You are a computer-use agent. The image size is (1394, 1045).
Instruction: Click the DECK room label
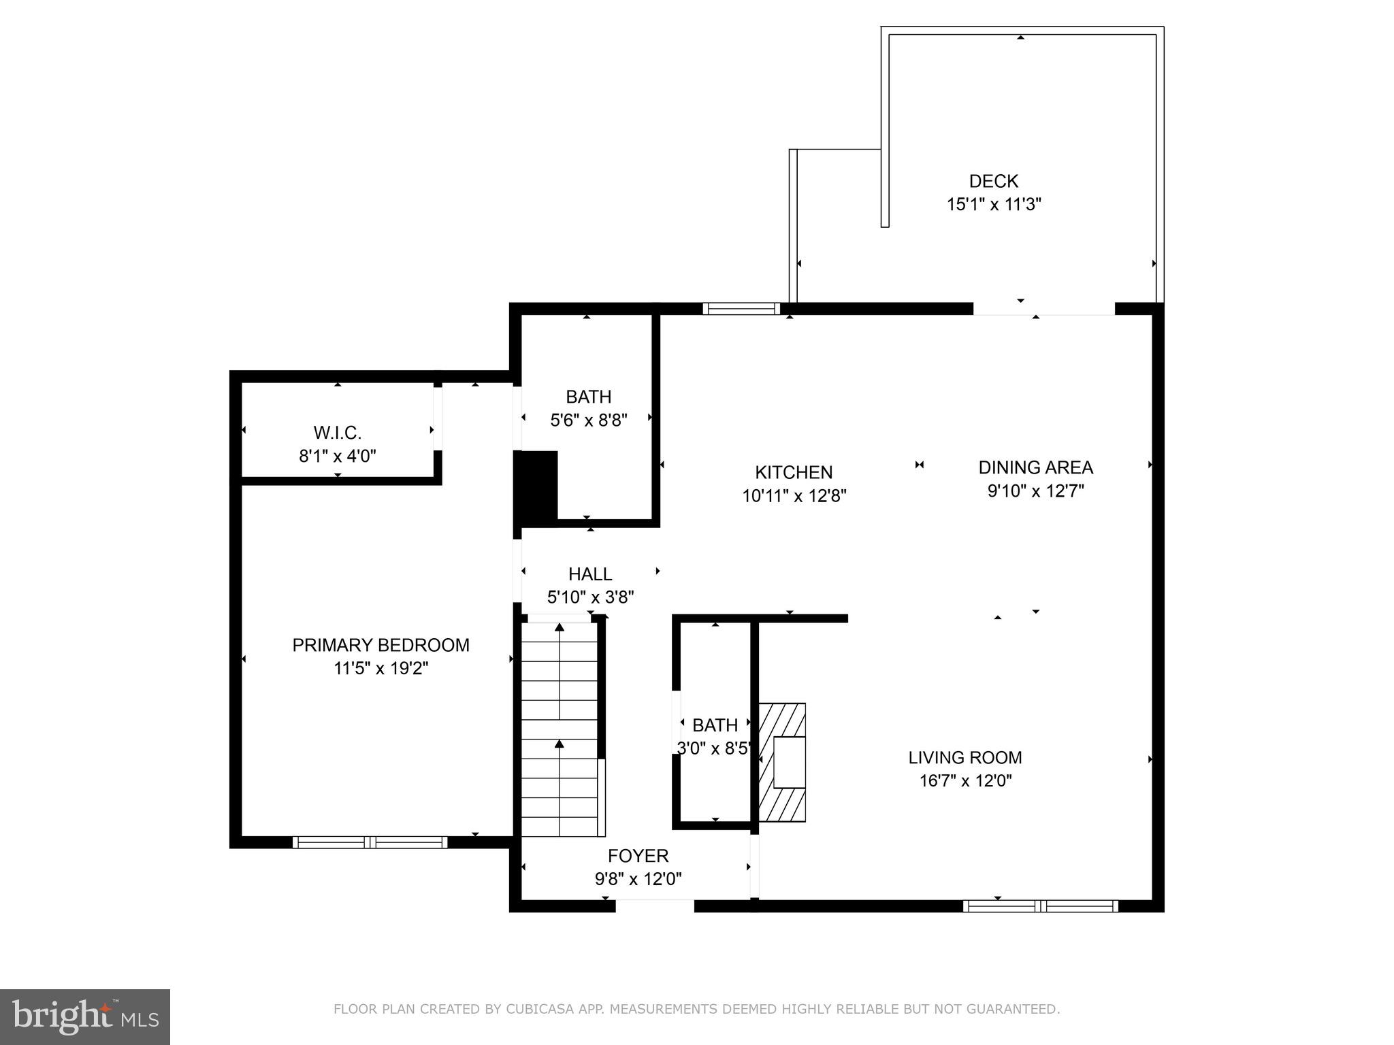(993, 181)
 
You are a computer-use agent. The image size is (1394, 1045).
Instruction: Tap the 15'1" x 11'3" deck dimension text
(994, 204)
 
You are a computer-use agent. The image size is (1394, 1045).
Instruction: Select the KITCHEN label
(794, 472)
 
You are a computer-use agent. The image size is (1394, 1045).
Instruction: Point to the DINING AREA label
(1035, 467)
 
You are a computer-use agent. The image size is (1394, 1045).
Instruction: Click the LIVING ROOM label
(965, 757)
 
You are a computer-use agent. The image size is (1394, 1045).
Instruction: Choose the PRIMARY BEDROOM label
(380, 645)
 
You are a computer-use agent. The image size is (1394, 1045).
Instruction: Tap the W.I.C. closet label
(337, 433)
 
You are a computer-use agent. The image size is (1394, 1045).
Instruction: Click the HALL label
(590, 574)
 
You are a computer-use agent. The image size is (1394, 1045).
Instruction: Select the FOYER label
(638, 856)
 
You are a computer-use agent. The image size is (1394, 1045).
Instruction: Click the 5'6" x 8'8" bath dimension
(588, 420)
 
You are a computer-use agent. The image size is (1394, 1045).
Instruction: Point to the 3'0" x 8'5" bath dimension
(714, 748)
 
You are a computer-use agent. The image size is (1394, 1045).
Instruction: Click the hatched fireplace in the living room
(783, 762)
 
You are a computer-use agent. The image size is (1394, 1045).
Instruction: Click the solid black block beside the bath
(536, 487)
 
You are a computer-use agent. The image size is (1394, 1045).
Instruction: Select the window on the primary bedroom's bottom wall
(370, 842)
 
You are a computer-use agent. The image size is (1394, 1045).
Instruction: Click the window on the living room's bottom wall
(1040, 906)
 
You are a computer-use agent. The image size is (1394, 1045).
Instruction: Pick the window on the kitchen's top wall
(741, 309)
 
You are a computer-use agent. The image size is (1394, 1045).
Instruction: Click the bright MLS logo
(85, 1016)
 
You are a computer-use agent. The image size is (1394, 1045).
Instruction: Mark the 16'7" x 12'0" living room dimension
(965, 780)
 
